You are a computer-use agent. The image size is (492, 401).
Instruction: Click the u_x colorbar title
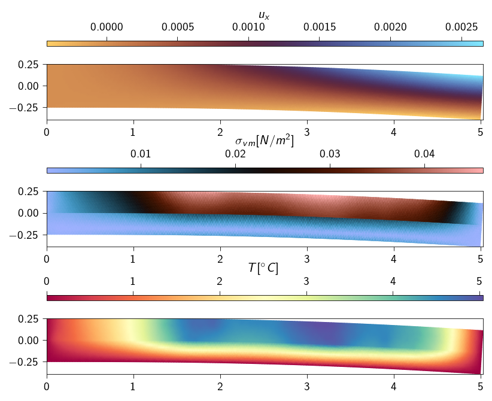pyautogui.click(x=264, y=15)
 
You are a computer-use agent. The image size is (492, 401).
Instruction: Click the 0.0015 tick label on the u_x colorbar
pyautogui.click(x=319, y=28)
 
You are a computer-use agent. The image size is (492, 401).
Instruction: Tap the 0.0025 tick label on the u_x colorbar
pyautogui.click(x=461, y=28)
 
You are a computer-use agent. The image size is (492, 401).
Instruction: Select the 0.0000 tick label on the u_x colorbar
pyautogui.click(x=107, y=28)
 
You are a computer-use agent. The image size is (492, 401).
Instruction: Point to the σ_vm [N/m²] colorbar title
pyautogui.click(x=264, y=142)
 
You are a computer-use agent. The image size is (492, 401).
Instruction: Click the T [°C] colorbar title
pyautogui.click(x=264, y=269)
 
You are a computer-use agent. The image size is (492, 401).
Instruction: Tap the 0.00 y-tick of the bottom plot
pyautogui.click(x=29, y=341)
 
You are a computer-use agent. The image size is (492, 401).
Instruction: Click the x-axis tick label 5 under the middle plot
pyautogui.click(x=479, y=259)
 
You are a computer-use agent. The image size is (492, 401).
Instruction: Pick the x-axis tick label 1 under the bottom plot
pyautogui.click(x=133, y=387)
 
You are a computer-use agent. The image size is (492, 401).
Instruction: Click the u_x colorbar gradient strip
pyautogui.click(x=264, y=44)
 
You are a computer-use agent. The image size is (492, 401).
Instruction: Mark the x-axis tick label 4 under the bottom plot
pyautogui.click(x=393, y=387)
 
